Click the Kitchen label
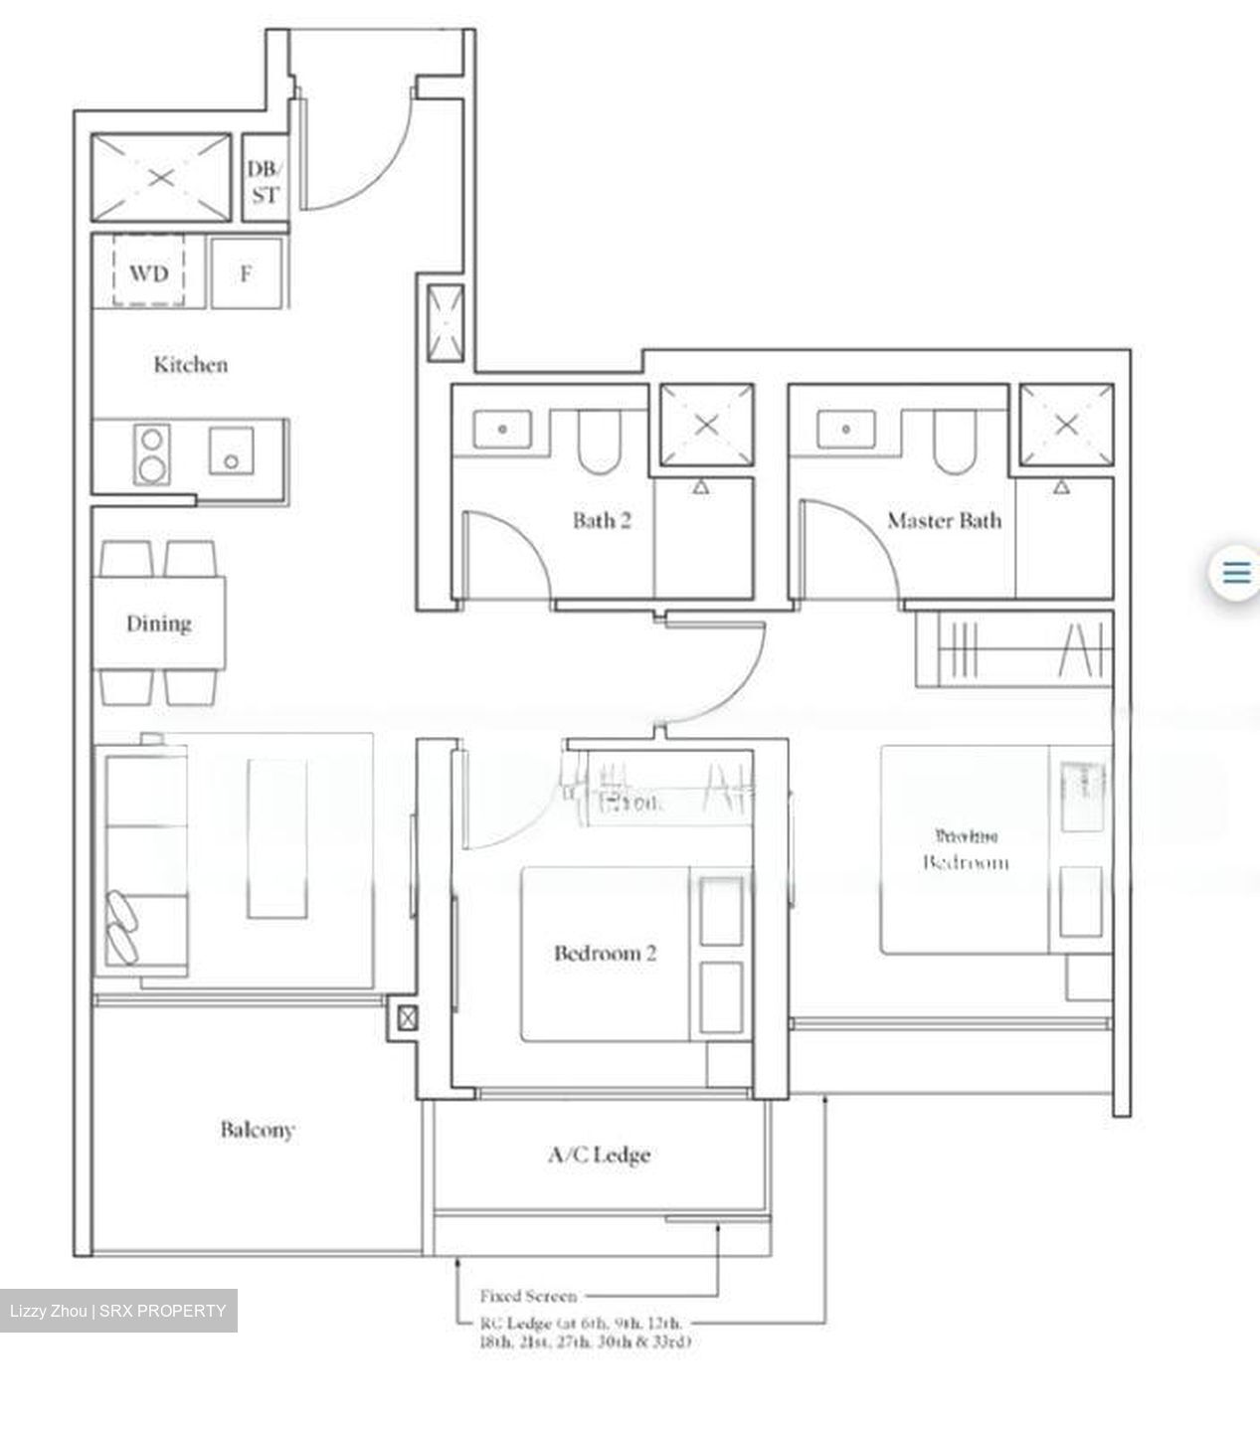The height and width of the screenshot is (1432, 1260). [x=190, y=364]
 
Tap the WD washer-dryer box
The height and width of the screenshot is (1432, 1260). [x=148, y=271]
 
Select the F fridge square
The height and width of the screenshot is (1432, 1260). [x=246, y=271]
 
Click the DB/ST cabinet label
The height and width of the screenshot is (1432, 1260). [x=265, y=182]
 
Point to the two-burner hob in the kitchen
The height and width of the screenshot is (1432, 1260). [x=151, y=452]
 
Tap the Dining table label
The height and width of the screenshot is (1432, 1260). [x=158, y=624]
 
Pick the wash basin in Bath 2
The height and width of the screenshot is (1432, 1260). [x=502, y=430]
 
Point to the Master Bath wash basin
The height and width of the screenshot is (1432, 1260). [x=846, y=430]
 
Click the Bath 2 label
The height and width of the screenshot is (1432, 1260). [x=602, y=519]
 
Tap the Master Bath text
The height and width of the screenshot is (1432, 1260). [x=944, y=519]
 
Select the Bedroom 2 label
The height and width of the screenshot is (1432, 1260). [x=605, y=953]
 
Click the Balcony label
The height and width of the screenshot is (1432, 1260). [x=258, y=1129]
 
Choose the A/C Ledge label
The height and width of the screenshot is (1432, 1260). [x=599, y=1155]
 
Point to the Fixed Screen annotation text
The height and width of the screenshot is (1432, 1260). [x=528, y=1296]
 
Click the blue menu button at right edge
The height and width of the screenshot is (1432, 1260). [x=1235, y=573]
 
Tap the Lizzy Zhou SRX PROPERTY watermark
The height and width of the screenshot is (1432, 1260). [x=118, y=1311]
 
